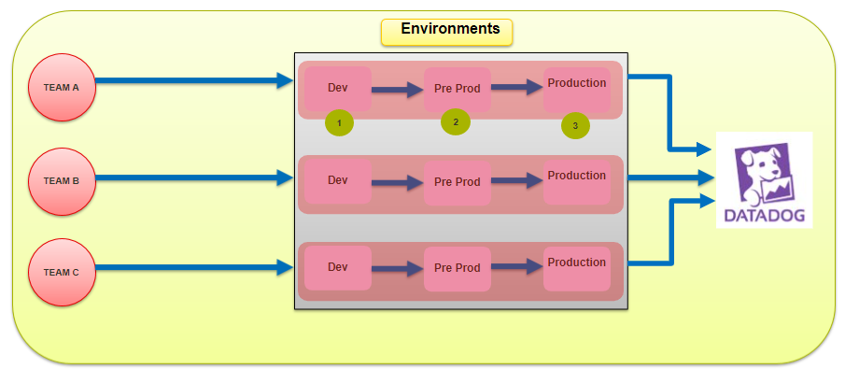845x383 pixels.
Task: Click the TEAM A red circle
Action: tap(62, 87)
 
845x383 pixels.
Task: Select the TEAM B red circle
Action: tap(62, 181)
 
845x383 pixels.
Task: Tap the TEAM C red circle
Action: tap(62, 272)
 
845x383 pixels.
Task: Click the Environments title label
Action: tap(447, 30)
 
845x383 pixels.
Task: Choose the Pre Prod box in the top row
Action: tap(457, 91)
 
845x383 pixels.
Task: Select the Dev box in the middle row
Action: tap(338, 181)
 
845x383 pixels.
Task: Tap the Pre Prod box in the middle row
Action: tap(457, 183)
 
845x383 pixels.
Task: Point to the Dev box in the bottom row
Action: tap(338, 268)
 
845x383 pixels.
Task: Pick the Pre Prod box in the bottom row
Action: tap(457, 269)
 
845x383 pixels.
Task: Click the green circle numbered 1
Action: tap(339, 122)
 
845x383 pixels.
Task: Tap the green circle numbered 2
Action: tap(456, 121)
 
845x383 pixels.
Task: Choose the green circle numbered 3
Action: tap(575, 125)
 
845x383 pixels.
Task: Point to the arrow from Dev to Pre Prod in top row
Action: tap(398, 91)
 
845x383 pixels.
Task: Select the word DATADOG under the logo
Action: tap(764, 216)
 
